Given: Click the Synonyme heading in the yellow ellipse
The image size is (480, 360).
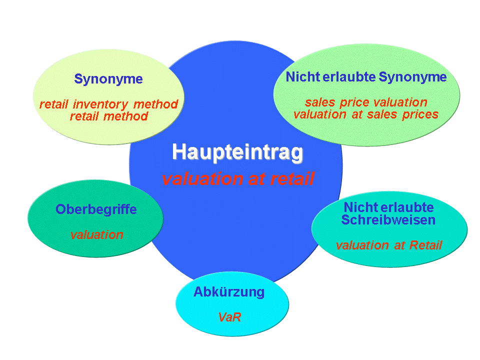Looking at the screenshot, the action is (x=108, y=79).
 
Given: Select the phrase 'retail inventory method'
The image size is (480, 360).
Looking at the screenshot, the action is (x=108, y=104).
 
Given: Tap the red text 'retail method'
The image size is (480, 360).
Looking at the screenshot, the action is (x=109, y=116).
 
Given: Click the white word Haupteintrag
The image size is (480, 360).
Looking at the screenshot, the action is (x=237, y=152).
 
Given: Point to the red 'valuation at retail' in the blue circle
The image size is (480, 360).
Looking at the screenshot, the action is (x=238, y=178).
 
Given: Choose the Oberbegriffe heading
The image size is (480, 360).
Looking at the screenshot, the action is (x=96, y=209).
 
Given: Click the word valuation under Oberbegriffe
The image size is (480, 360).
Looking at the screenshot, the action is (x=96, y=235).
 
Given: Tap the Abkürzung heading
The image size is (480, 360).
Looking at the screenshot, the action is (x=229, y=292).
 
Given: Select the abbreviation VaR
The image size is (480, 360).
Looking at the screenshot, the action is (x=229, y=317).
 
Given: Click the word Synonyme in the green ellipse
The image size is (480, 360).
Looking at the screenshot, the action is (x=412, y=77).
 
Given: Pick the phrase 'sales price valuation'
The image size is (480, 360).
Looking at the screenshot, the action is (x=366, y=102).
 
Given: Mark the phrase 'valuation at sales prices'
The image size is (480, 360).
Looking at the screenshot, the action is (x=366, y=114).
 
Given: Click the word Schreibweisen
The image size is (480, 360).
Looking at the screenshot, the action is (x=388, y=220).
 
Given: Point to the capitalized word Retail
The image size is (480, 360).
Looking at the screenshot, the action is (x=426, y=245).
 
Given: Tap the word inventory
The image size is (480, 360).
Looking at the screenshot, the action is (x=100, y=104).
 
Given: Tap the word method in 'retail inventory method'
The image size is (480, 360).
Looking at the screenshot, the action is (x=156, y=104).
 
